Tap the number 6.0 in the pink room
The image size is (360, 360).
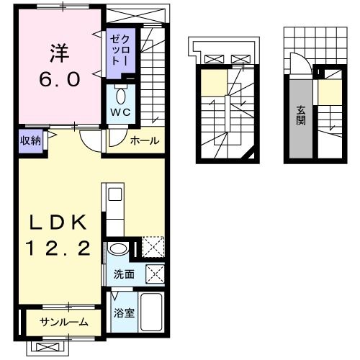(59, 80)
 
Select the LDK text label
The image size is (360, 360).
(58, 222)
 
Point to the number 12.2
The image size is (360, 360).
(58, 248)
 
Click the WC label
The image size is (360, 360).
(120, 112)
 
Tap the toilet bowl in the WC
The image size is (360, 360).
(120, 96)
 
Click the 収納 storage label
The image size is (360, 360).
(30, 140)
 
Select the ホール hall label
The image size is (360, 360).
(145, 140)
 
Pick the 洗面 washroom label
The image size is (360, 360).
(124, 274)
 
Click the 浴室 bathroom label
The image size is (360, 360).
(124, 312)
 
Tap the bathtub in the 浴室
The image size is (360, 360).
(151, 312)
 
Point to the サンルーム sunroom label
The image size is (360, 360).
(64, 322)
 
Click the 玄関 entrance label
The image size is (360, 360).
(300, 115)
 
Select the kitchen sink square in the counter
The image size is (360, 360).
(115, 194)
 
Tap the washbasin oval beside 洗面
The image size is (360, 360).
(118, 248)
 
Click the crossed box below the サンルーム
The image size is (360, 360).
(48, 347)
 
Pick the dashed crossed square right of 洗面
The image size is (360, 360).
(156, 274)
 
